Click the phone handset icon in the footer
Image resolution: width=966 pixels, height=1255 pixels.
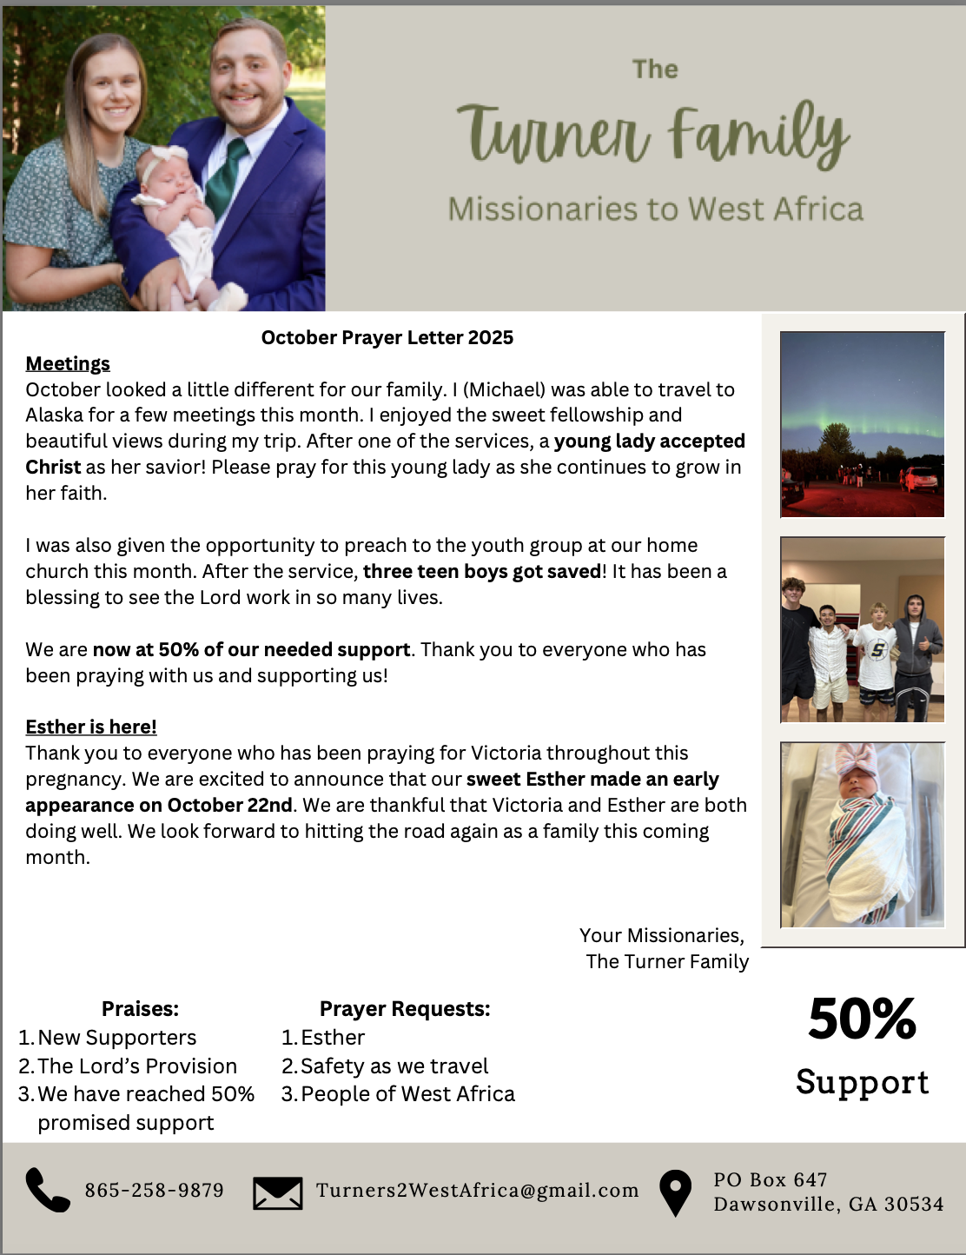click(x=47, y=1190)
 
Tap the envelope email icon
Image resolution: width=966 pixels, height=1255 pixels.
click(x=278, y=1192)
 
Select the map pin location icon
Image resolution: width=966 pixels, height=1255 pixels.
click(x=675, y=1192)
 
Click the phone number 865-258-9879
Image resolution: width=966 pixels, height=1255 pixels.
click(x=154, y=1190)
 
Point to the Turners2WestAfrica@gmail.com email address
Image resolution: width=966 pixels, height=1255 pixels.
click(x=477, y=1190)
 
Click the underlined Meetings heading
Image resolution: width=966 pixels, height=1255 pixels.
click(x=68, y=363)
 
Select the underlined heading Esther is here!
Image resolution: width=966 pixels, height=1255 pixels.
click(x=91, y=727)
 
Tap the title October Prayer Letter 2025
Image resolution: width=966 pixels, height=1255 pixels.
click(x=387, y=337)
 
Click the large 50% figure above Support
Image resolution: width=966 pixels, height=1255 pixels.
click(x=862, y=1019)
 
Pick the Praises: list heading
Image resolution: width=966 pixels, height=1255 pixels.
click(x=140, y=1008)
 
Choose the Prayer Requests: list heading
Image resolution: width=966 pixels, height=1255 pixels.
click(x=405, y=1008)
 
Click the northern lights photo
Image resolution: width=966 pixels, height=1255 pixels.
click(x=862, y=424)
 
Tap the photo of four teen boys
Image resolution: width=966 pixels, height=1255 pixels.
click(x=862, y=629)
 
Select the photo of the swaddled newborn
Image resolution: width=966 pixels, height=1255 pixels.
click(x=862, y=834)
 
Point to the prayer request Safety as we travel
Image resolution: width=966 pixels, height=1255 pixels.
click(x=394, y=1066)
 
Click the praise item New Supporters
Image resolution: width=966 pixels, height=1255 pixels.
click(x=116, y=1037)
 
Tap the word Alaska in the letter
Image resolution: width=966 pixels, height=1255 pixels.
click(x=54, y=415)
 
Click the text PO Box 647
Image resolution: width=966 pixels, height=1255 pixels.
click(x=770, y=1179)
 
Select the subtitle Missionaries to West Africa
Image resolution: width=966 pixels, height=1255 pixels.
click(x=655, y=209)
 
